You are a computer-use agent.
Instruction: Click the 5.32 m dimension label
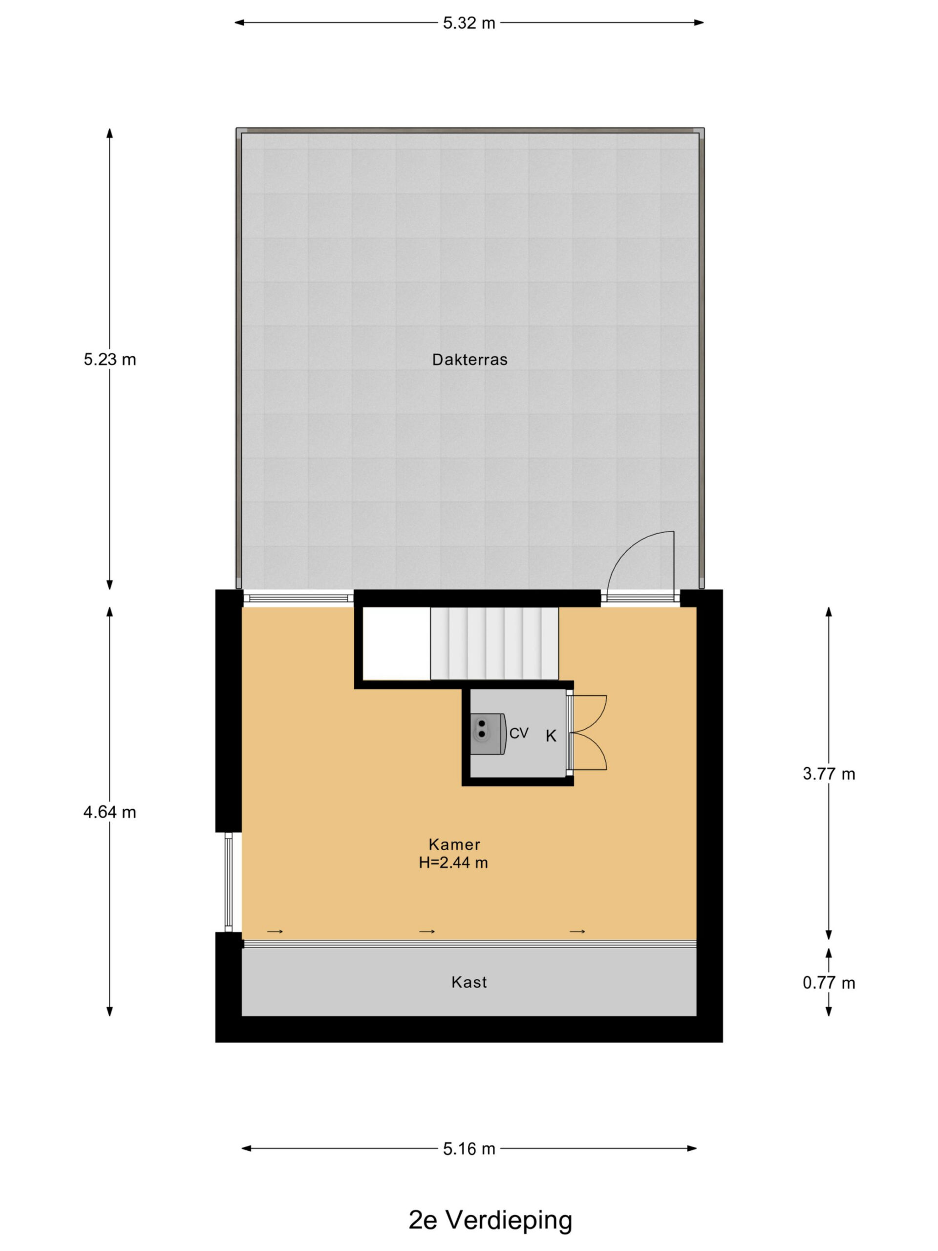pyautogui.click(x=469, y=23)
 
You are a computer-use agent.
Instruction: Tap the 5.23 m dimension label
pyautogui.click(x=110, y=359)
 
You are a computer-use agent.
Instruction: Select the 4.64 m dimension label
pyautogui.click(x=110, y=812)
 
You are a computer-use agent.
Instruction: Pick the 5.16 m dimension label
pyautogui.click(x=469, y=1149)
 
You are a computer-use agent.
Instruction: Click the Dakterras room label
pyautogui.click(x=469, y=360)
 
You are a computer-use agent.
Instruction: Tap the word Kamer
pyautogui.click(x=454, y=844)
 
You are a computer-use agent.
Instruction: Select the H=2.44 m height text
pyautogui.click(x=453, y=863)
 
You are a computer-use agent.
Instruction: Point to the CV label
pyautogui.click(x=518, y=733)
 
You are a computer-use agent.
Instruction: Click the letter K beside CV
pyautogui.click(x=551, y=736)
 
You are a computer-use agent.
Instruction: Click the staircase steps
pyautogui.click(x=494, y=644)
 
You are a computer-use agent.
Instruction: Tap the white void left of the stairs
pyautogui.click(x=396, y=644)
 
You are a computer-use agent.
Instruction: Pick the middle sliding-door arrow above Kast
pyautogui.click(x=427, y=931)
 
